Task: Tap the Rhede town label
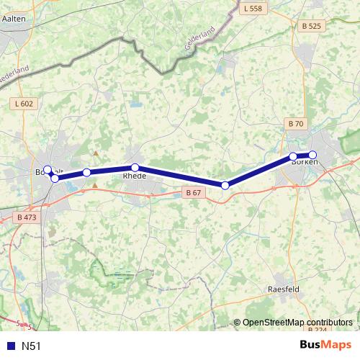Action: point(135,176)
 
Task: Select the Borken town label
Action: point(304,163)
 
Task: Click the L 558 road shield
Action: point(253,9)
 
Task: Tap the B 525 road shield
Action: point(311,26)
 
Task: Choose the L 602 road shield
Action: point(24,104)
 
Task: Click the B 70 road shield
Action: point(296,124)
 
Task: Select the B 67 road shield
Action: point(192,192)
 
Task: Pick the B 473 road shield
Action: point(26,216)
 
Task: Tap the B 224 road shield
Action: point(320,329)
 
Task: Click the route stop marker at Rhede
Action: point(135,168)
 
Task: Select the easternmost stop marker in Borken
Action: point(312,154)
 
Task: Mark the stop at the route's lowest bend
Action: point(225,186)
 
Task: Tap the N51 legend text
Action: point(31,346)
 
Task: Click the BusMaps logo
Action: point(325,346)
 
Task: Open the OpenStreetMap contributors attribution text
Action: point(297,322)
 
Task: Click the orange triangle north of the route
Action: point(95,153)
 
